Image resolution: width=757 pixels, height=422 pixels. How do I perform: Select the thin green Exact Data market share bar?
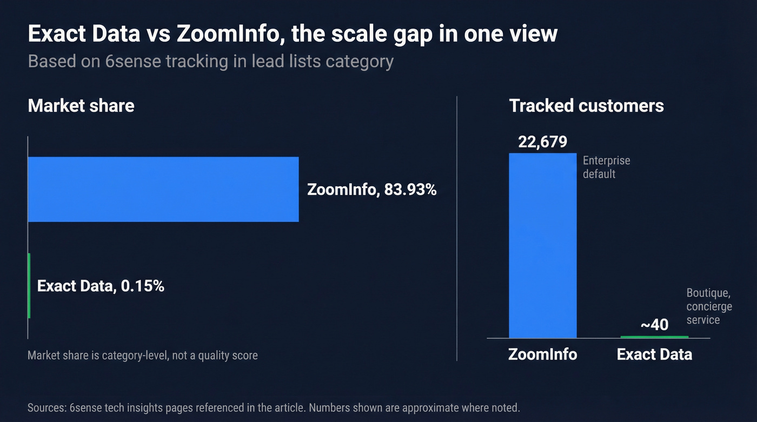(x=29, y=285)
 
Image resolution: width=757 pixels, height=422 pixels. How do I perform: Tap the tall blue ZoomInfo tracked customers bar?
(x=543, y=245)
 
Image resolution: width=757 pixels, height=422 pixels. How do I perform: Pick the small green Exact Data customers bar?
(x=654, y=337)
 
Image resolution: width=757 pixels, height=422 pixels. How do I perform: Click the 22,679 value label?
(x=542, y=142)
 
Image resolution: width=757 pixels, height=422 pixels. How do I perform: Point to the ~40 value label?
(x=654, y=325)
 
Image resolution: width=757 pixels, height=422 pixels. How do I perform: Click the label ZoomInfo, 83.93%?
(x=371, y=190)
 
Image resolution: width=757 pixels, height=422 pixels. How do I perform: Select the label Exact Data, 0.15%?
(x=101, y=286)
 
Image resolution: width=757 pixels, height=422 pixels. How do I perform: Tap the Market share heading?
(x=81, y=105)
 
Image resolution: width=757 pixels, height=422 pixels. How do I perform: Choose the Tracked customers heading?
(x=586, y=105)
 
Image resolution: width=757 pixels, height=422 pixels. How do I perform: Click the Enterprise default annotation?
(x=606, y=167)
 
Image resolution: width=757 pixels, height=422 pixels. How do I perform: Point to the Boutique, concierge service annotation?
(x=709, y=306)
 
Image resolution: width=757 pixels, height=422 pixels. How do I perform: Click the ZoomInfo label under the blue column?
(x=542, y=354)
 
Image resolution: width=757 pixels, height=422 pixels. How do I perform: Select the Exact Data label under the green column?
(x=654, y=354)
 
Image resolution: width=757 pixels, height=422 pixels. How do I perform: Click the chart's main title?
(x=292, y=34)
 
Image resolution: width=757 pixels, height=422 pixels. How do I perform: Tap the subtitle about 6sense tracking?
(x=210, y=61)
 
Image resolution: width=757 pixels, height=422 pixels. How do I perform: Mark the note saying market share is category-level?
(x=143, y=355)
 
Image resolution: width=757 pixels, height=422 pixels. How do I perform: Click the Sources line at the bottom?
(x=274, y=407)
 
